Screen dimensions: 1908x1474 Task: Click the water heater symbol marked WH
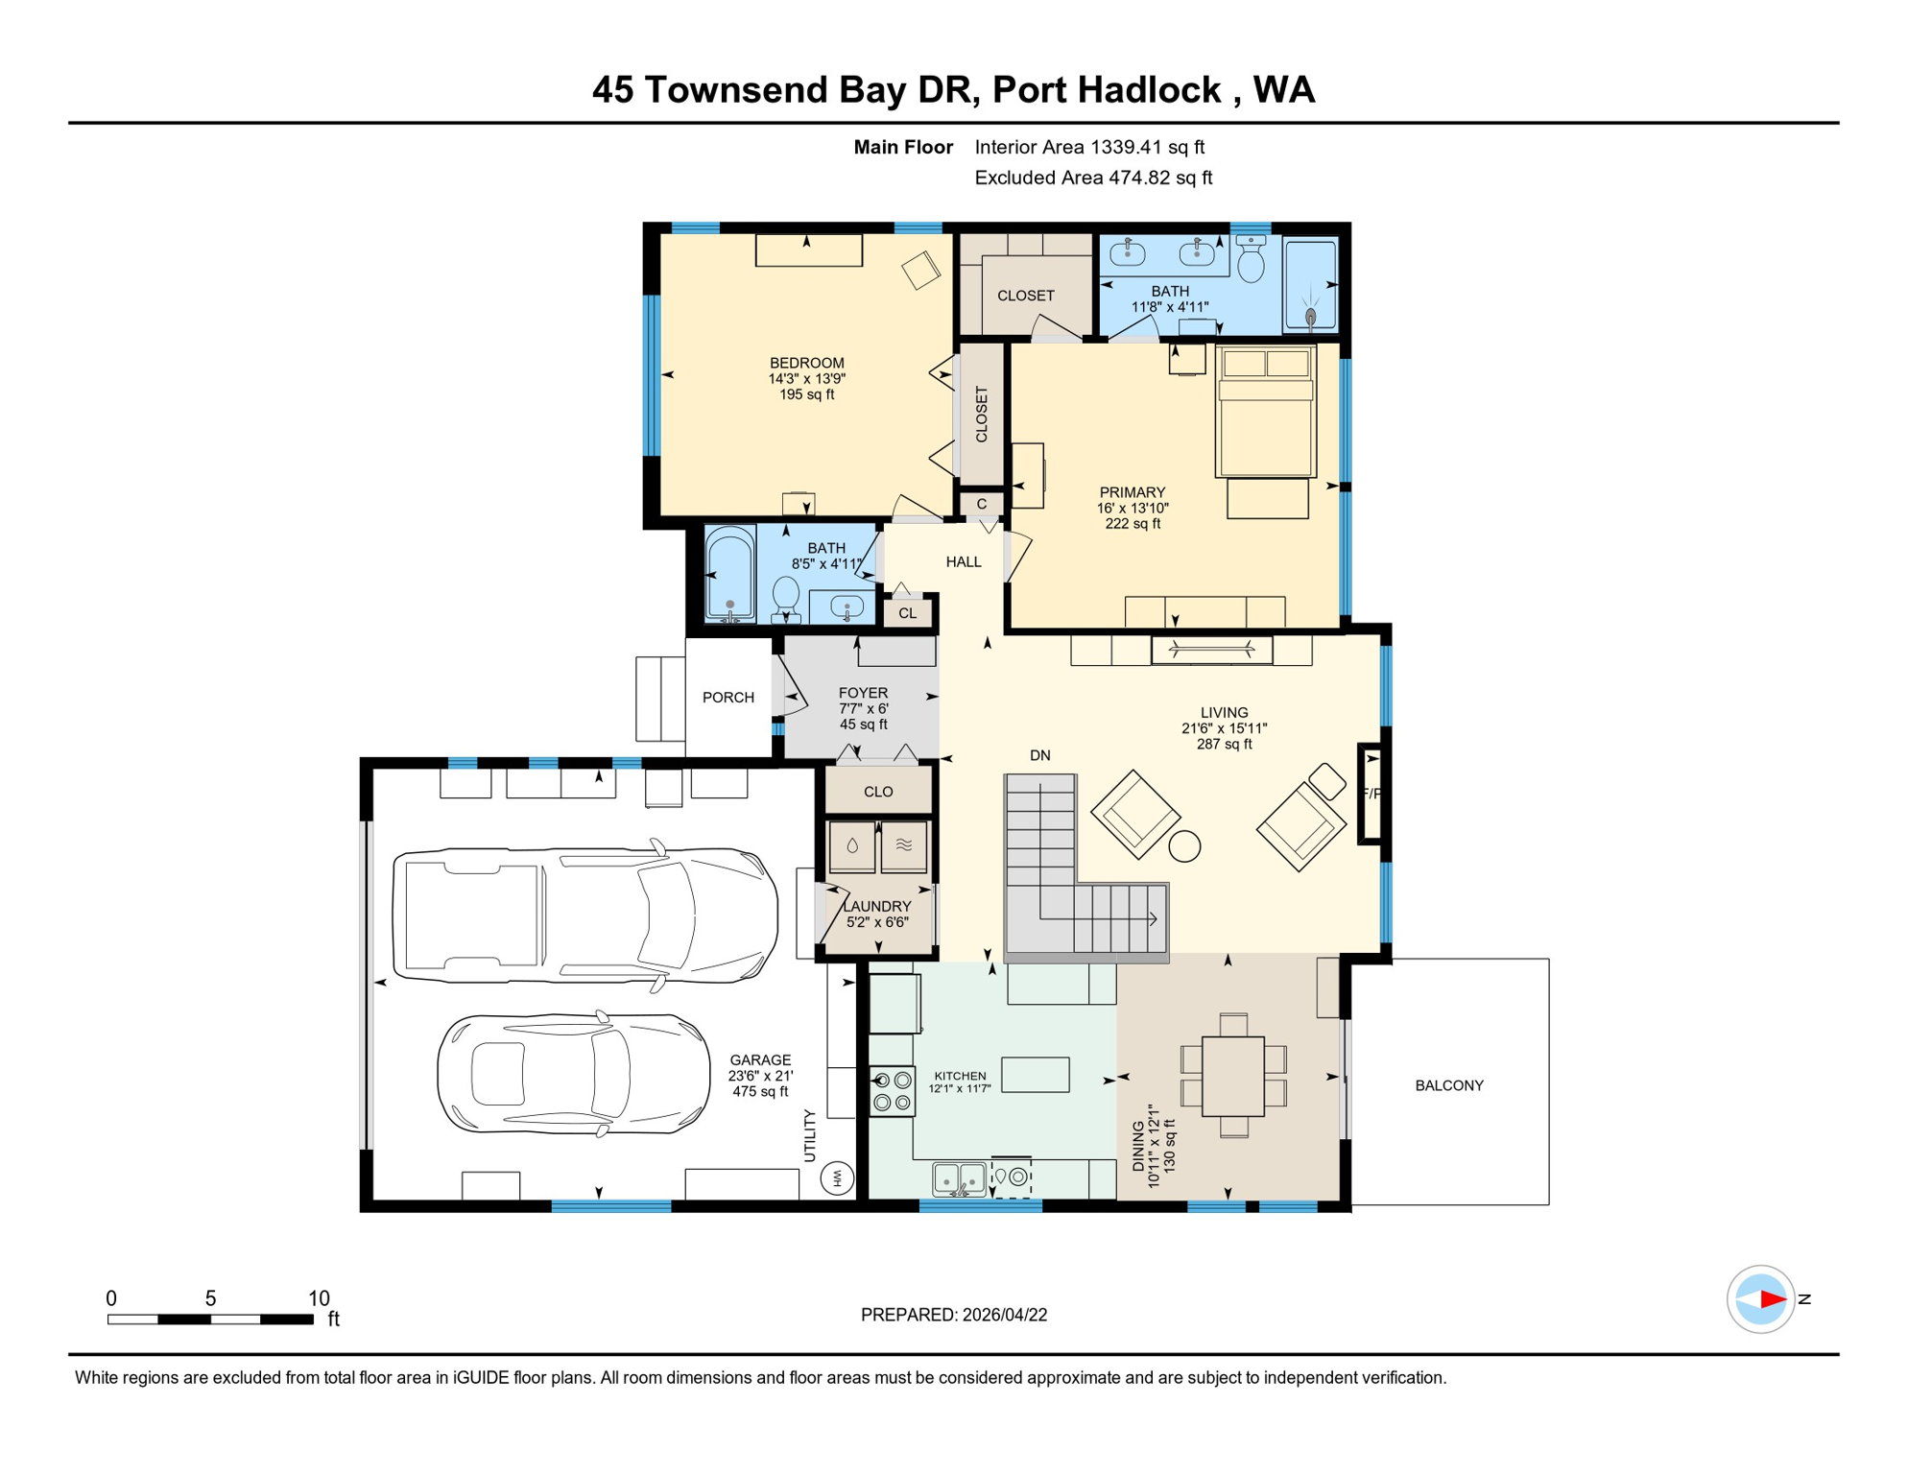837,1177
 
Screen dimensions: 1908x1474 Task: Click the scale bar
210,1319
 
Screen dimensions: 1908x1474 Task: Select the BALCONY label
1449,1085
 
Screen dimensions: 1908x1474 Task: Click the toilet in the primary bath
1251,259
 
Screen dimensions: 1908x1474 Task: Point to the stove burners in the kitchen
893,1092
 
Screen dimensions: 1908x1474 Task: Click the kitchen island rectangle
1036,1074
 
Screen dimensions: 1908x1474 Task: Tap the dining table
1233,1075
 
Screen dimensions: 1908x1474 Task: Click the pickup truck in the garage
585,915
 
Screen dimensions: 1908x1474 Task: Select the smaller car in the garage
574,1074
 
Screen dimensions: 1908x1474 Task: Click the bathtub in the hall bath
730,573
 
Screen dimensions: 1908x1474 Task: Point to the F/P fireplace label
1371,794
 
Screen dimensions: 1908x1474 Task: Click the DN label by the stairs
1040,755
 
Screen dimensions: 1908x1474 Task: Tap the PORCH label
728,698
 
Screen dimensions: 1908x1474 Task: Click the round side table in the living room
1184,845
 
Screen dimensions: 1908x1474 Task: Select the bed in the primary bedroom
1265,412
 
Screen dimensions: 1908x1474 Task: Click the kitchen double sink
960,1178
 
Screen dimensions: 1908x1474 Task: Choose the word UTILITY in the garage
809,1135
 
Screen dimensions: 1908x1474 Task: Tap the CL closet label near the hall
907,613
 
